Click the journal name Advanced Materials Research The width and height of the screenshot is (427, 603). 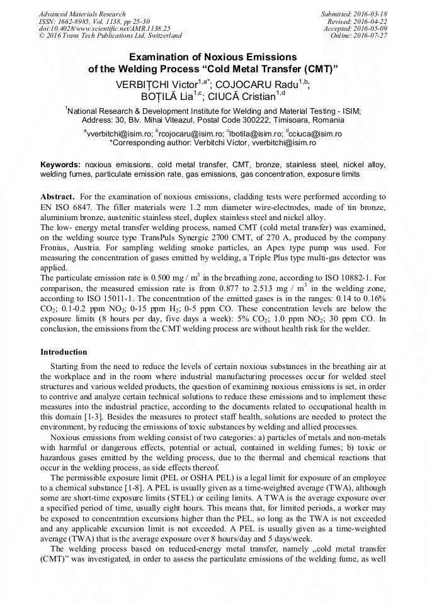(x=82, y=14)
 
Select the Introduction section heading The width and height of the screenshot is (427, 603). (x=64, y=351)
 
